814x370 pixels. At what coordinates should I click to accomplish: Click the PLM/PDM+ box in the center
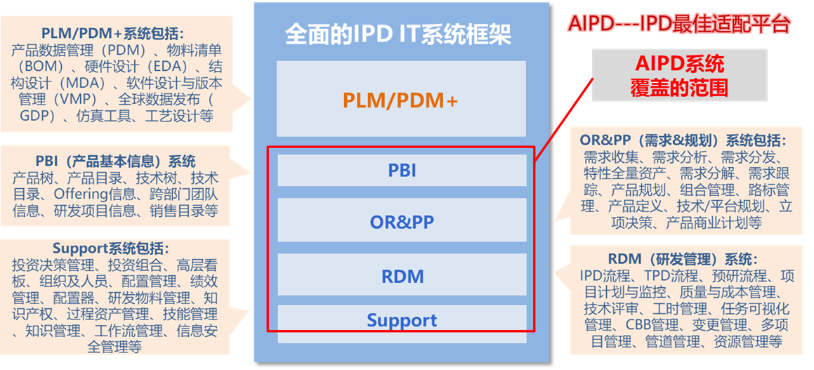pyautogui.click(x=401, y=98)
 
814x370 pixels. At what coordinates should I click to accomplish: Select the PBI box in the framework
pyautogui.click(x=402, y=170)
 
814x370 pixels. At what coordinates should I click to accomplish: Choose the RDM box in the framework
pyautogui.click(x=402, y=275)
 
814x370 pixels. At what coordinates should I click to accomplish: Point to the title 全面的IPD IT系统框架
pyautogui.click(x=399, y=34)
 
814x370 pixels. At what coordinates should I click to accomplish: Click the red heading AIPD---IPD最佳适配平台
pyautogui.click(x=679, y=25)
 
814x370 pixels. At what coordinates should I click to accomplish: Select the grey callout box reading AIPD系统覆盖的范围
pyautogui.click(x=680, y=75)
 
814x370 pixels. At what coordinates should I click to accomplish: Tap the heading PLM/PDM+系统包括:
pyautogui.click(x=113, y=35)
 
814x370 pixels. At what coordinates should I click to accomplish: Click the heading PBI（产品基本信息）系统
pyautogui.click(x=116, y=161)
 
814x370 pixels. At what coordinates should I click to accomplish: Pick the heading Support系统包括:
pyautogui.click(x=111, y=248)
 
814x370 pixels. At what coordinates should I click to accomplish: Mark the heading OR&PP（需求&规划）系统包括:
pyautogui.click(x=682, y=140)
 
